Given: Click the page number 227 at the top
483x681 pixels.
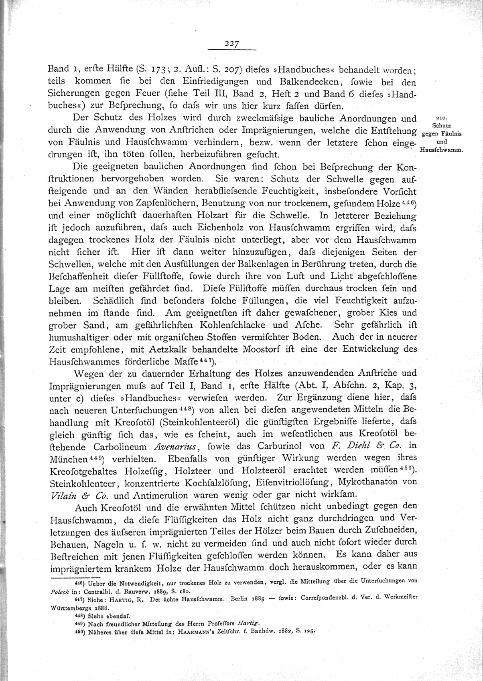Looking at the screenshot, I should point(232,44).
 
